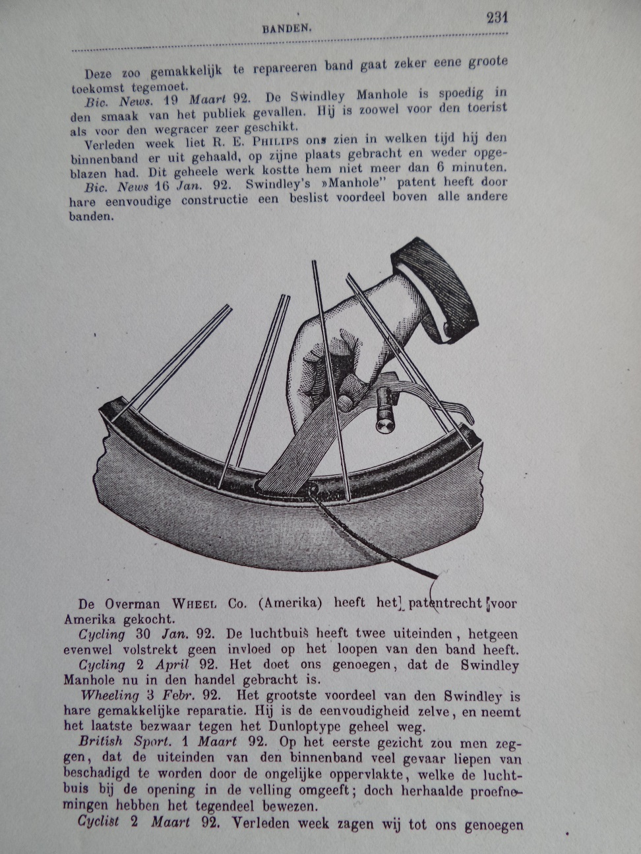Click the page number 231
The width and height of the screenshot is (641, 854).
[x=497, y=18]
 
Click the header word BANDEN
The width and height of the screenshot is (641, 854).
[x=287, y=28]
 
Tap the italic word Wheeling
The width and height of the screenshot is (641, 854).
[x=110, y=695]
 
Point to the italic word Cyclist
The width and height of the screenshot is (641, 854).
[x=99, y=822]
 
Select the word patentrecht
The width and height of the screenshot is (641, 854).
[x=445, y=603]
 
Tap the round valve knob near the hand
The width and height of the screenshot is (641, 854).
[x=384, y=422]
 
